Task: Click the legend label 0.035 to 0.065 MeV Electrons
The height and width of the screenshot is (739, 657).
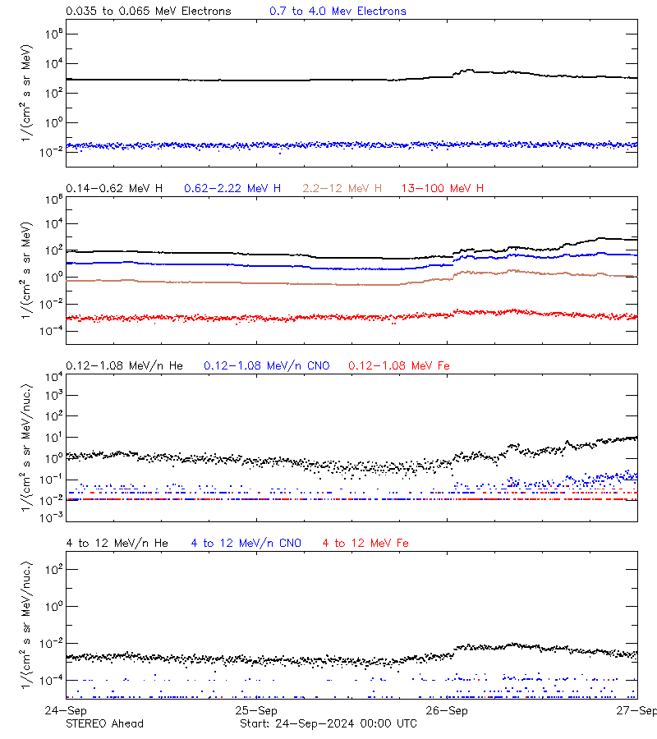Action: point(148,11)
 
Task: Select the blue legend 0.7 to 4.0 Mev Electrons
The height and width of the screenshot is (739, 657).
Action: point(338,11)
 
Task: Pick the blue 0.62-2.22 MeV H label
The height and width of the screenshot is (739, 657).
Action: point(232,189)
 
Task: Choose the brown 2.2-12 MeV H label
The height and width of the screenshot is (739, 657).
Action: point(342,189)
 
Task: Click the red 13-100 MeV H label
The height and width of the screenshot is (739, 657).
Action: point(443,189)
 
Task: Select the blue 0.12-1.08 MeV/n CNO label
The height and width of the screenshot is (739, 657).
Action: point(267,365)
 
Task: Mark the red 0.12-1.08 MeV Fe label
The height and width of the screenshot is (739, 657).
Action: point(399,365)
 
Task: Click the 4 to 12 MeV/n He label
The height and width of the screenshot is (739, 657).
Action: point(117,543)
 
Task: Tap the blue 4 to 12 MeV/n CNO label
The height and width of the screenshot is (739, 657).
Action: point(246,543)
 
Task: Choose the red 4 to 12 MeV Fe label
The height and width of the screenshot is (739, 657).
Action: point(365,543)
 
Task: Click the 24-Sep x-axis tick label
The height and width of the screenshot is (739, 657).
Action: point(66,710)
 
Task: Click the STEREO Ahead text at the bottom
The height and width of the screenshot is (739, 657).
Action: point(104,723)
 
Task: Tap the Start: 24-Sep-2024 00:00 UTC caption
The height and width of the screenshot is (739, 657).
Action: point(328,723)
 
